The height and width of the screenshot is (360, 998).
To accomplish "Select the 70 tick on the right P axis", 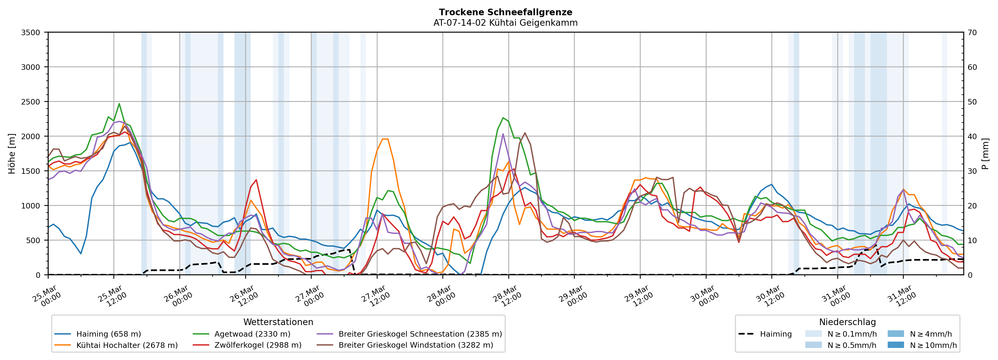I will (973, 33).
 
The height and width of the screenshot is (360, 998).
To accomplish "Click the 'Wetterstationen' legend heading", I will (278, 322).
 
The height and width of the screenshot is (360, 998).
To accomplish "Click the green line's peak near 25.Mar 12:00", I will (119, 103).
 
